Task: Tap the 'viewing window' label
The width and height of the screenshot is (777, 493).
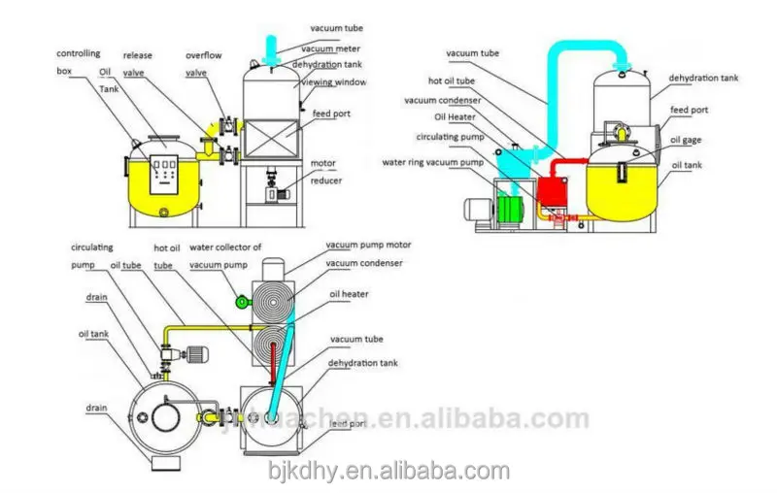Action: (335, 83)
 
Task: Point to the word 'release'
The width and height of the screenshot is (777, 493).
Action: (138, 55)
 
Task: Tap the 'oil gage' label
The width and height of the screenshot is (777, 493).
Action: (686, 141)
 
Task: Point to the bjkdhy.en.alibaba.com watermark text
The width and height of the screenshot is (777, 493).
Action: (388, 471)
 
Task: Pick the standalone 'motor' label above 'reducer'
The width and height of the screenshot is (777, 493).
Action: (322, 164)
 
